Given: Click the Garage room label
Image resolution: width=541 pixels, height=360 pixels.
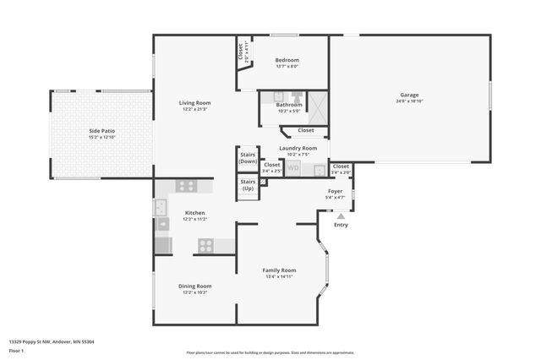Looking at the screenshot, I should click(409, 95).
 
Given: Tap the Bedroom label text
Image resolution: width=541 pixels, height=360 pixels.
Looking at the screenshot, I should click(287, 61).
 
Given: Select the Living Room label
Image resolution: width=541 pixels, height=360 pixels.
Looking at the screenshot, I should click(194, 103).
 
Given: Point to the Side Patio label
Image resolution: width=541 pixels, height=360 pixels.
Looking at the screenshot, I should click(101, 131).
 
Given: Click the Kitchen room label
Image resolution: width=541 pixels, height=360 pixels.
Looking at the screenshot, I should click(195, 213).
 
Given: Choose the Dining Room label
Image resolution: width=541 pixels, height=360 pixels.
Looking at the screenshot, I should click(194, 286).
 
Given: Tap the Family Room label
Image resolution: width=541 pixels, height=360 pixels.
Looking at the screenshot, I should click(281, 270).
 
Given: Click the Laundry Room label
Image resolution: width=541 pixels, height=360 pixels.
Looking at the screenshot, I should click(298, 148).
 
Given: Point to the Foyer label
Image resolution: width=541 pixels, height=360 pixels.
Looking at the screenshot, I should click(335, 192).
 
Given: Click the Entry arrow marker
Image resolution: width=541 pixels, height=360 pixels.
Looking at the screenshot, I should click(341, 216).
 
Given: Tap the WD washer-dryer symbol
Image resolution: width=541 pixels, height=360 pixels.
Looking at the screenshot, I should click(293, 168).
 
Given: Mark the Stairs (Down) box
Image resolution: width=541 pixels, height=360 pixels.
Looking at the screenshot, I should click(248, 158).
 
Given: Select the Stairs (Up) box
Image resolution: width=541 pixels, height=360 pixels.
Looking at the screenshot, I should click(248, 184).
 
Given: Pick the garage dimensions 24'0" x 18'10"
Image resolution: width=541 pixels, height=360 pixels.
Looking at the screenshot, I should click(409, 101).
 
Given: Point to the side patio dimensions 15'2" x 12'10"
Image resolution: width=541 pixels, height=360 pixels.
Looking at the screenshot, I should click(101, 137).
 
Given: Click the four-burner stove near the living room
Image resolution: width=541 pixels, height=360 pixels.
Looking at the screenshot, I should click(186, 186).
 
